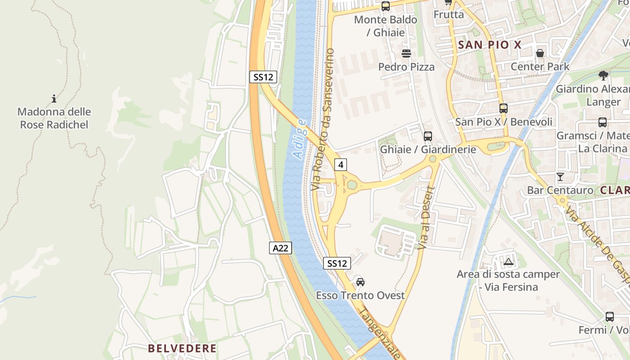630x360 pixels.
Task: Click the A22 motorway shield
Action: [x=281, y=247]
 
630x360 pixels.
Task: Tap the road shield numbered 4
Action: [x=341, y=165]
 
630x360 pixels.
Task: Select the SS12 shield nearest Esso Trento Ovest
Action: [x=337, y=263]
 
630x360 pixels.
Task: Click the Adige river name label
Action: [x=300, y=139]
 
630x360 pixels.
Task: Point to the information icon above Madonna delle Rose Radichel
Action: [x=54, y=99]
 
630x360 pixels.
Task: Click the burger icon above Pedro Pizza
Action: [x=406, y=54]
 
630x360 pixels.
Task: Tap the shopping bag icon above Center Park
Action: [x=540, y=53]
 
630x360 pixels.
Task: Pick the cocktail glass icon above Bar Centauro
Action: [x=560, y=177]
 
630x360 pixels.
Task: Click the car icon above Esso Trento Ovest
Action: [x=360, y=282]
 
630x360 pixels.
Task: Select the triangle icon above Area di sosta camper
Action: [x=508, y=261]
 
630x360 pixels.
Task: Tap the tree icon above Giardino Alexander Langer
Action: [x=603, y=75]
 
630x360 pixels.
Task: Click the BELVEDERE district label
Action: [x=182, y=348]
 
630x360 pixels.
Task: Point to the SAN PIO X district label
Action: [x=490, y=45]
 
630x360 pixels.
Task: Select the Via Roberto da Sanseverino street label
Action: [x=323, y=119]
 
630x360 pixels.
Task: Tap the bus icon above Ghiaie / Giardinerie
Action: [x=428, y=136]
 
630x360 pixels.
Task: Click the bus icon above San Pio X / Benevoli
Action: [x=504, y=108]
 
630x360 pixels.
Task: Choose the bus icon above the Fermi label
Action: [x=610, y=317]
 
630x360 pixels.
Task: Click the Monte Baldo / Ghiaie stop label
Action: [x=386, y=26]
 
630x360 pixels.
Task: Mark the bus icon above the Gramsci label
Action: [x=603, y=122]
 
